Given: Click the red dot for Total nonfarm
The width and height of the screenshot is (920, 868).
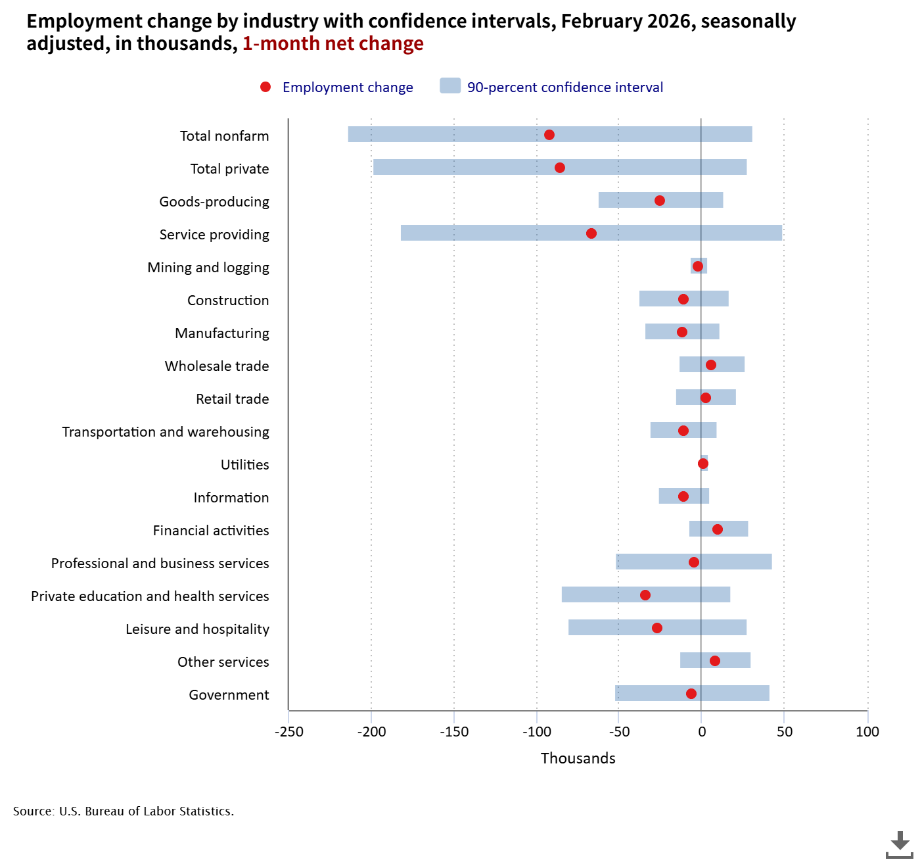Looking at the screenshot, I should (549, 135).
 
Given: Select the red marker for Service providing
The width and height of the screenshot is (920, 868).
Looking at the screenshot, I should (591, 233).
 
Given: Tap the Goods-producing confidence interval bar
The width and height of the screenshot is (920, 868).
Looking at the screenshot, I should (631, 200).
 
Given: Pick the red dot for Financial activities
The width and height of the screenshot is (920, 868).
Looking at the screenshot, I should (718, 529).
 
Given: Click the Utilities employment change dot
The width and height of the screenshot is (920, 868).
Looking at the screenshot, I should (703, 464).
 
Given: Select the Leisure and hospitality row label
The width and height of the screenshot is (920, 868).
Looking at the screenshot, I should (197, 629).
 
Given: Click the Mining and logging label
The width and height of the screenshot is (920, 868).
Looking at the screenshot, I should (208, 268).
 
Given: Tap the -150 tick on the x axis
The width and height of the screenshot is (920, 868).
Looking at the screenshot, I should (454, 732).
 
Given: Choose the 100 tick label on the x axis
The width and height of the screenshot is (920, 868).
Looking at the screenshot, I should (867, 732).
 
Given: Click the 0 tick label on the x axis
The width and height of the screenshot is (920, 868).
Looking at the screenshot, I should (702, 732).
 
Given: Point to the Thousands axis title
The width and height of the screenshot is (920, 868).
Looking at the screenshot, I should (578, 758).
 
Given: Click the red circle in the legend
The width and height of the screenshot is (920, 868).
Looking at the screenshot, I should (265, 87).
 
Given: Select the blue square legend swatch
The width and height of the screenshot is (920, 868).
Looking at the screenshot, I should (450, 86).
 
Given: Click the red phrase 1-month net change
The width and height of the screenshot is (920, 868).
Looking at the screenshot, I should (333, 44).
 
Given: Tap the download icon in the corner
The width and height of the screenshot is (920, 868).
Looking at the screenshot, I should (899, 844).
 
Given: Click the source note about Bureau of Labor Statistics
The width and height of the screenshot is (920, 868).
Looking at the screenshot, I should (124, 811).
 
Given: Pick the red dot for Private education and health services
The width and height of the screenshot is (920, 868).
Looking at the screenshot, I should (645, 595).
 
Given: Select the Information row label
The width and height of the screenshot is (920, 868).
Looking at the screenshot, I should (231, 498).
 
